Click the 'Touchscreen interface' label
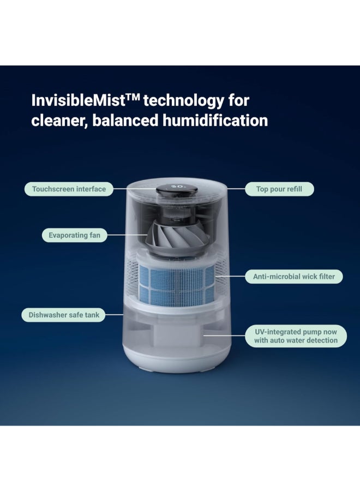(69, 189)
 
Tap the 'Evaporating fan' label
(75, 235)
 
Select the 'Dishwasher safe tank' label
(64, 315)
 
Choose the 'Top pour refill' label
(279, 189)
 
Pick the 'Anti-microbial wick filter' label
(294, 277)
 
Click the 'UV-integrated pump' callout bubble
(296, 336)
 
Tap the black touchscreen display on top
(177, 189)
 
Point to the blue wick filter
(177, 285)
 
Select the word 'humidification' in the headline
(215, 121)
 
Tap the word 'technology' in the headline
(183, 101)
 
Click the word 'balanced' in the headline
(125, 121)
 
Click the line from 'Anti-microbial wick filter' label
(230, 276)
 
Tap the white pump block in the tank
(177, 334)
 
